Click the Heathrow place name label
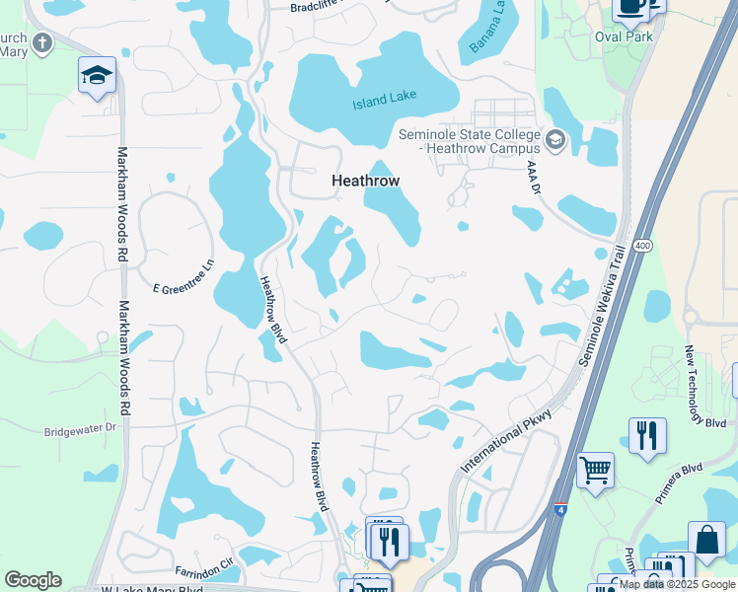365,182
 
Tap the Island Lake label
385,98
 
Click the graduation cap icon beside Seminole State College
554,140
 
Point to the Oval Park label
625,37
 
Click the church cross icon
41,42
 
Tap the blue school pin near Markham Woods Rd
98,76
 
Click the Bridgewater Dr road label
81,430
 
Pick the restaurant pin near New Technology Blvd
647,435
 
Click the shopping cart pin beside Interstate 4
595,470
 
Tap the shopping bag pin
706,541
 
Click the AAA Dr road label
534,178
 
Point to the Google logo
33,580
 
